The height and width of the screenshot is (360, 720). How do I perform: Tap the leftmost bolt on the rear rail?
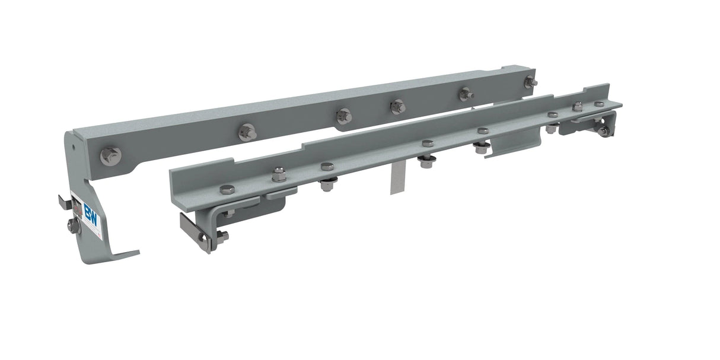coord(110,156)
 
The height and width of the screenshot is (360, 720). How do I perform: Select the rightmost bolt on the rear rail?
coord(530,82)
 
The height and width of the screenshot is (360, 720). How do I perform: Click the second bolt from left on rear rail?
coord(247,132)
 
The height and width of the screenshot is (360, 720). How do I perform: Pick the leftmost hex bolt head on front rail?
coord(227,190)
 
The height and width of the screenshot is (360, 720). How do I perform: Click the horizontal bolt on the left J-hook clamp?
coord(221,236)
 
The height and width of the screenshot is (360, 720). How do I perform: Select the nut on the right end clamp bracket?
coord(604,131)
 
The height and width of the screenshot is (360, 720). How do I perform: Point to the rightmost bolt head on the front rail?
coord(599,104)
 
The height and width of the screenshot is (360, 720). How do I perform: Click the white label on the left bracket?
coord(88,216)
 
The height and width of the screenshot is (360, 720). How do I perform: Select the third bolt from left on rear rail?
coord(344,115)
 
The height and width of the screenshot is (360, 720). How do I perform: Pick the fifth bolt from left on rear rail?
coord(466,94)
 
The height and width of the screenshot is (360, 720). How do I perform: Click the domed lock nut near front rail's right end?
coord(577,107)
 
